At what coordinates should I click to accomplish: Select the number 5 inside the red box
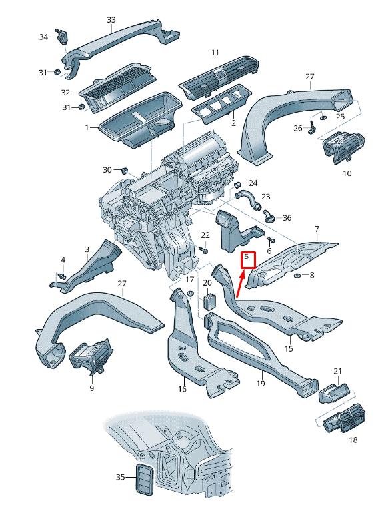247,256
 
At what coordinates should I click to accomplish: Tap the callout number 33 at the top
111,20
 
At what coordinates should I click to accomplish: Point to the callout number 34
43,37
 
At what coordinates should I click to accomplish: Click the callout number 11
215,53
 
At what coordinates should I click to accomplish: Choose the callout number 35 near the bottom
120,477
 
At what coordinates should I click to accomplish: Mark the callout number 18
353,440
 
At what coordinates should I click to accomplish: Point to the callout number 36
287,217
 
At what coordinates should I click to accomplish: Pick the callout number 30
107,169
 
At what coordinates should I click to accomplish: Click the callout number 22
205,235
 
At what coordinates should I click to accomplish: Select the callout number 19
261,384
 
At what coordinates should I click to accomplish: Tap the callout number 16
182,390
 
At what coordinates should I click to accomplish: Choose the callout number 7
317,229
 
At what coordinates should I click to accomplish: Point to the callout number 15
289,348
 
